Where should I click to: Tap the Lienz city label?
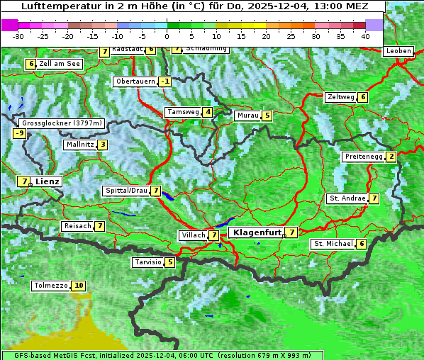[x=48, y=181]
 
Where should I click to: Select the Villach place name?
[x=193, y=235]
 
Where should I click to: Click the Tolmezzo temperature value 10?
[x=79, y=286]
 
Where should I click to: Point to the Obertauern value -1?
[x=164, y=81]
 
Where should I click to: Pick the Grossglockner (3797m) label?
[x=63, y=123]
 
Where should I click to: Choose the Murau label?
[x=247, y=116]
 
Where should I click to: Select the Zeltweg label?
[x=340, y=97]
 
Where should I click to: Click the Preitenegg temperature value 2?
[x=391, y=157]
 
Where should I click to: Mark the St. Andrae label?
[x=347, y=198]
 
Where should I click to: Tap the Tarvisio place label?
[x=148, y=262]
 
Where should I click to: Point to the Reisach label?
[x=77, y=226]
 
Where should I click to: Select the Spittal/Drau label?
[x=126, y=191]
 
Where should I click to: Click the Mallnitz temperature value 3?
[x=103, y=145]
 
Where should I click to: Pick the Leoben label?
[x=398, y=51]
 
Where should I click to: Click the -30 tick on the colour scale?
[x=18, y=35]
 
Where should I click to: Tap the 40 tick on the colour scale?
[x=365, y=35]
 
